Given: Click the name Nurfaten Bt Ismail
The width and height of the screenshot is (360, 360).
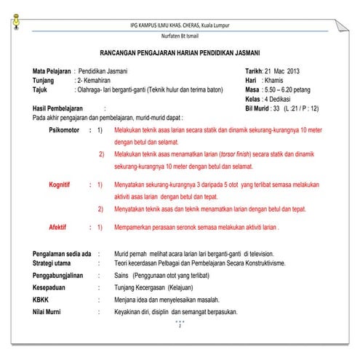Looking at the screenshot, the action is [180, 36].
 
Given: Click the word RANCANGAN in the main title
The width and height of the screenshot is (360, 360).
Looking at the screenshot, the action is [124, 55].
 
